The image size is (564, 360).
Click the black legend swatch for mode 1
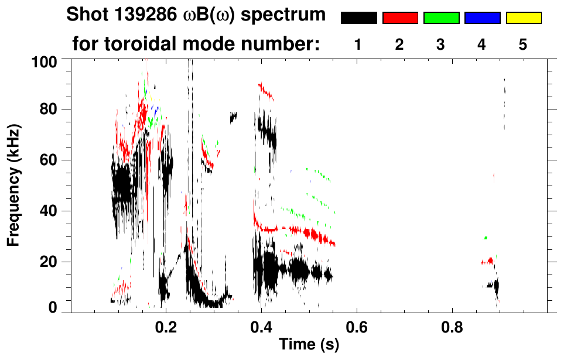point(359,18)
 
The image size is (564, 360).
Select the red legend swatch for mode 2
point(400,18)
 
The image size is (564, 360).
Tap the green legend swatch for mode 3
point(441,18)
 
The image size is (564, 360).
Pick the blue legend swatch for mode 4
point(482,18)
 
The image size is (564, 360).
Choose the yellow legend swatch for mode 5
point(523,18)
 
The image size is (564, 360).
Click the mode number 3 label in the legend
point(440,45)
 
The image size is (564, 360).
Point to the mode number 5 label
point(522,45)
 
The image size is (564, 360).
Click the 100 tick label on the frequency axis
point(45,60)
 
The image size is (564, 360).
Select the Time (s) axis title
point(308,345)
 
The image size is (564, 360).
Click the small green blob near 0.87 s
point(486,238)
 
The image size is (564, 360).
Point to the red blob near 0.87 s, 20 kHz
point(487,262)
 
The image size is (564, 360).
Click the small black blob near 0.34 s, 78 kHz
point(233,116)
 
